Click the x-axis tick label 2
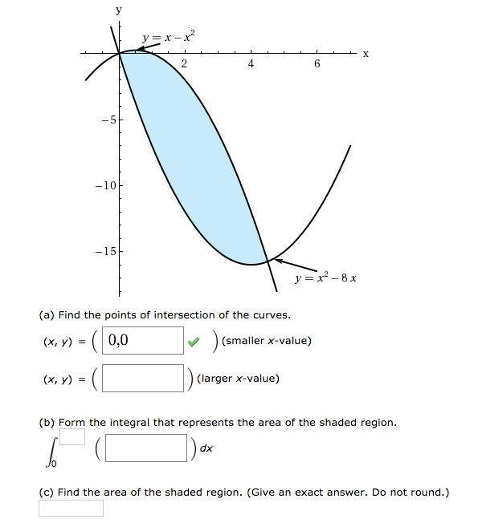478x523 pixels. point(184,63)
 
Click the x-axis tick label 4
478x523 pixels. point(251,63)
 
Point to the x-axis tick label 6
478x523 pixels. point(317,63)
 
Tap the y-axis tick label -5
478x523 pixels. point(108,120)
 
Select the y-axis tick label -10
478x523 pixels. point(105,185)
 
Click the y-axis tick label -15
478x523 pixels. point(105,251)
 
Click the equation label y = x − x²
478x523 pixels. point(167,36)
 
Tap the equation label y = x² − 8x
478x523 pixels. point(325,278)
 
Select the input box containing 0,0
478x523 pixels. point(143,340)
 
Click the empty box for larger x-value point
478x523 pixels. point(143,379)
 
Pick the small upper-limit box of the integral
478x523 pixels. point(72,436)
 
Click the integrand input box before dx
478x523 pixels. point(146,448)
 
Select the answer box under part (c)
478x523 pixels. point(71,509)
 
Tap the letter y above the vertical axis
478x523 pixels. point(119,10)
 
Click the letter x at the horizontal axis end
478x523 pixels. point(365,54)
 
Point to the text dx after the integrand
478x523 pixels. point(206,448)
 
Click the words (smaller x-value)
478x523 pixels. point(267,341)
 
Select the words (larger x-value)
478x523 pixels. point(238,379)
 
